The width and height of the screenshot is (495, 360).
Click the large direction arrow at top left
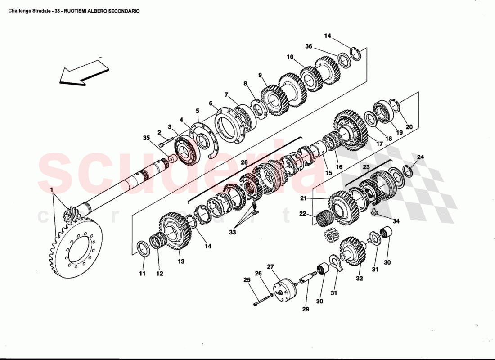[83, 72]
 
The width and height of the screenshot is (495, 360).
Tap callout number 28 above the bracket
[244, 162]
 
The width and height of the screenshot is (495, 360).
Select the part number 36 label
[309, 46]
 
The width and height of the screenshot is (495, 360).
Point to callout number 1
[53, 190]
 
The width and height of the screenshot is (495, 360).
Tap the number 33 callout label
[232, 233]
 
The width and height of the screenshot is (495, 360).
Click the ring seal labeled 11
[143, 248]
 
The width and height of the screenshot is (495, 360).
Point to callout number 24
[420, 157]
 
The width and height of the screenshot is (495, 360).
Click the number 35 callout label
[146, 138]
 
